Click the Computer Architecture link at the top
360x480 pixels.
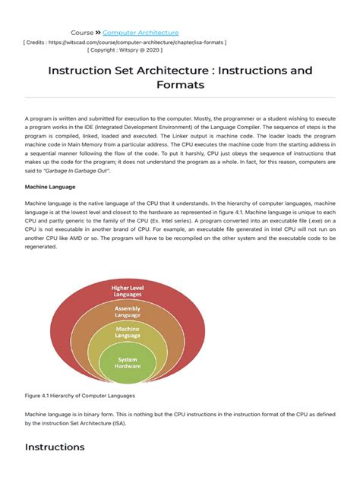[x=141, y=33]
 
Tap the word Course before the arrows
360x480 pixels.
[x=81, y=33]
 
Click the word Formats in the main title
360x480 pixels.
[x=179, y=85]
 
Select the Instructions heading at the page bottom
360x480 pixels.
[x=55, y=447]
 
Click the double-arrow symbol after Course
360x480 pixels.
[x=98, y=33]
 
